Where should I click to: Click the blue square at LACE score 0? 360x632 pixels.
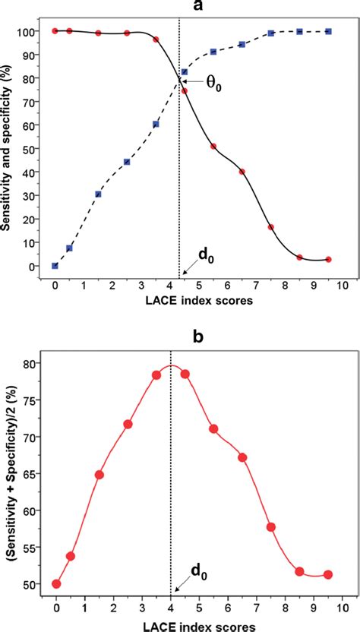(55, 266)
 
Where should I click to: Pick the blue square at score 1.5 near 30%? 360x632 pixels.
(98, 194)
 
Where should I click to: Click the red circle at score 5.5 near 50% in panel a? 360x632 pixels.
(213, 147)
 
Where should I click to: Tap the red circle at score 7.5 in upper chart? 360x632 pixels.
(271, 227)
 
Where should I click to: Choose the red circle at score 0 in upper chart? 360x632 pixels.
(55, 31)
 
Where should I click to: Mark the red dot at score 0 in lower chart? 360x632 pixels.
(56, 584)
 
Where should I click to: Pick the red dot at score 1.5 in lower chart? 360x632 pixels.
(99, 475)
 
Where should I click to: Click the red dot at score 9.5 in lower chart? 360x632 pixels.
(328, 574)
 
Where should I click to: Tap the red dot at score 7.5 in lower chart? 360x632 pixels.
(271, 527)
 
